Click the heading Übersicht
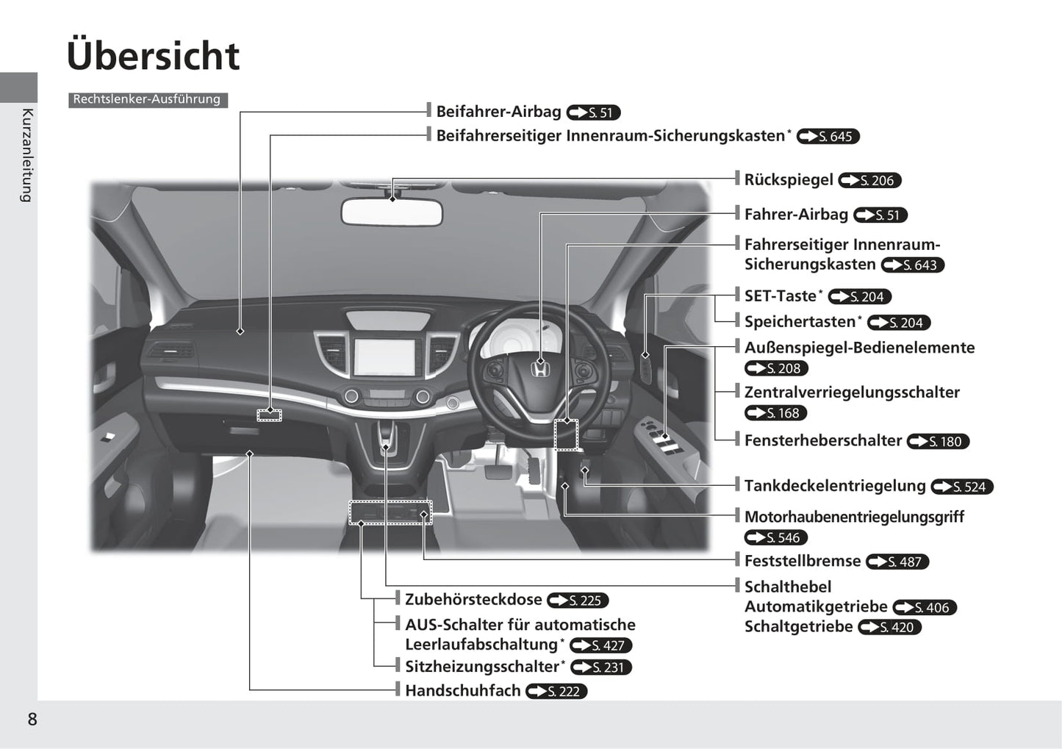(153, 56)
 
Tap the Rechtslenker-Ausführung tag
(147, 99)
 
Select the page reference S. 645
(828, 137)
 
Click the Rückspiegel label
(789, 180)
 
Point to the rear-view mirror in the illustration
(391, 212)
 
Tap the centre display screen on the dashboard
(384, 356)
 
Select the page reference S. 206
(869, 181)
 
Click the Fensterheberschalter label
(822, 441)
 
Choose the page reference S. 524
(962, 487)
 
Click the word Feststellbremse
(802, 561)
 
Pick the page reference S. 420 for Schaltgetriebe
(890, 628)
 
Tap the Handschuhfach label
(462, 691)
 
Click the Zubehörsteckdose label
(473, 600)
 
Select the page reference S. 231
(601, 667)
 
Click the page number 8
(32, 720)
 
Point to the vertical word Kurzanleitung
(27, 155)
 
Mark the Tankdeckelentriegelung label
(835, 486)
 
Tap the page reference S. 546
(776, 538)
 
